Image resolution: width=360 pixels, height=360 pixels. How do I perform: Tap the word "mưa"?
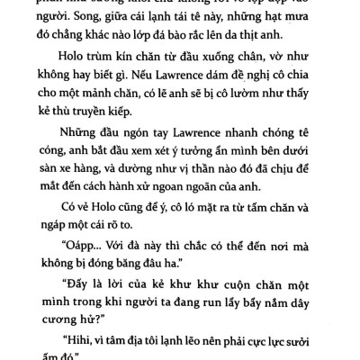click(x=318, y=31)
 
